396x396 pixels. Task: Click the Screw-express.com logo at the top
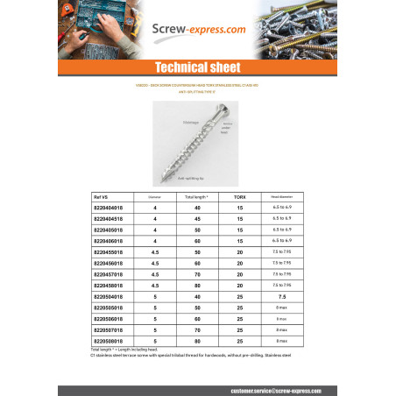[x=198, y=30]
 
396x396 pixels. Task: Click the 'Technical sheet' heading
[x=198, y=67]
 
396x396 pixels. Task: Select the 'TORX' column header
[x=239, y=199]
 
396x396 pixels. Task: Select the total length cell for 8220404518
[x=197, y=218]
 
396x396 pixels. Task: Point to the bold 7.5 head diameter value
[x=282, y=296]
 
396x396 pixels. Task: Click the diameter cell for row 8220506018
[x=154, y=319]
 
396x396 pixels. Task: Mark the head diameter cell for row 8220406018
[x=282, y=239]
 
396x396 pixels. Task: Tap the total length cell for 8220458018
[x=197, y=285]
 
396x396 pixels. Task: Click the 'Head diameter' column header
[x=282, y=199]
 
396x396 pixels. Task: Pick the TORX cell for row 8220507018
[x=239, y=330]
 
